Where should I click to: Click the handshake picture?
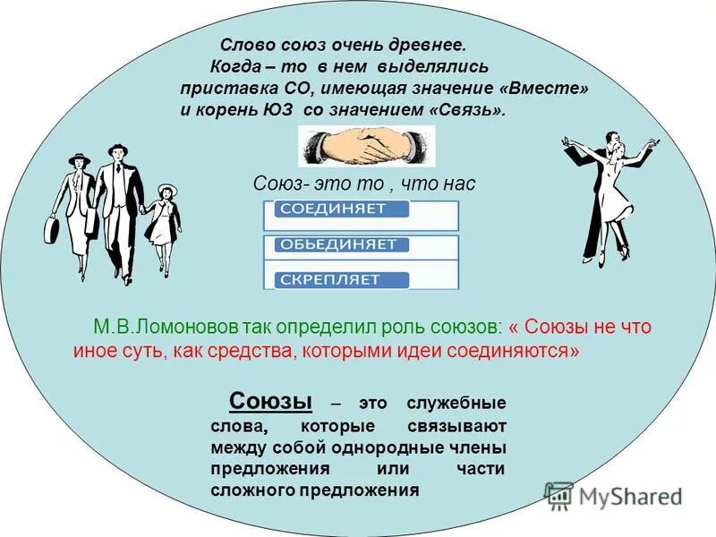(367, 146)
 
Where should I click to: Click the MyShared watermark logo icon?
(559, 496)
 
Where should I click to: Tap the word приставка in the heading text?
(215, 89)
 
